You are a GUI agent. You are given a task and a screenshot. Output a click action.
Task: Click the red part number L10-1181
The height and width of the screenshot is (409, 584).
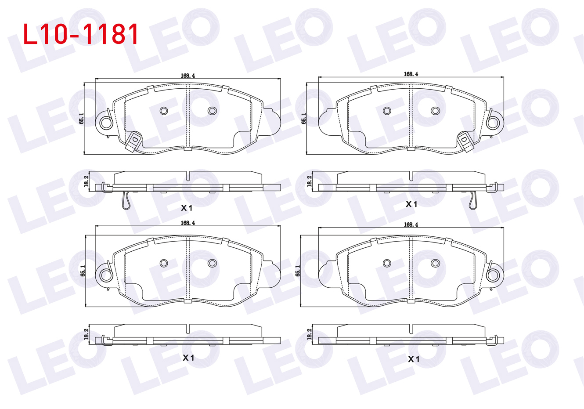pyautogui.click(x=80, y=34)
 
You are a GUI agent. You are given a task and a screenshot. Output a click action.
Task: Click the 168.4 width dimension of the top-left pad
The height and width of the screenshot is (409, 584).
pyautogui.click(x=188, y=76)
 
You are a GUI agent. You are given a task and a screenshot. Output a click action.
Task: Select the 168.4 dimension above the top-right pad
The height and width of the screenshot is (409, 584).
pyautogui.click(x=411, y=74)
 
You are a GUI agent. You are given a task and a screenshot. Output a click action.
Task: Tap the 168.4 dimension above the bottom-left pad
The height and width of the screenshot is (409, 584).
pyautogui.click(x=188, y=223)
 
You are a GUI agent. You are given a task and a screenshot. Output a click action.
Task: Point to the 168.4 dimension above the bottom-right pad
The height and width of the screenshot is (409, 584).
pyautogui.click(x=411, y=224)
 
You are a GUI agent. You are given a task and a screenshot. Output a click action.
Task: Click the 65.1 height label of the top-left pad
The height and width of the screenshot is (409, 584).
pyautogui.click(x=81, y=119)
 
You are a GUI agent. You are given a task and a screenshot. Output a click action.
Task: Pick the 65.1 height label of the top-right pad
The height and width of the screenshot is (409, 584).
pyautogui.click(x=304, y=119)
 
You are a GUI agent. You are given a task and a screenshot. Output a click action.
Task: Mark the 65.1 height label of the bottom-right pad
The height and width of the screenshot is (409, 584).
pyautogui.click(x=297, y=271)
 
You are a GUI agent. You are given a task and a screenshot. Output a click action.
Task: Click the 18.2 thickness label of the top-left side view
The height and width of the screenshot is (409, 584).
pyautogui.click(x=87, y=181)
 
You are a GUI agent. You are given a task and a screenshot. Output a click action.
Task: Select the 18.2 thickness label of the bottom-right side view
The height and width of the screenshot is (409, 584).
pyautogui.click(x=309, y=334)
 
